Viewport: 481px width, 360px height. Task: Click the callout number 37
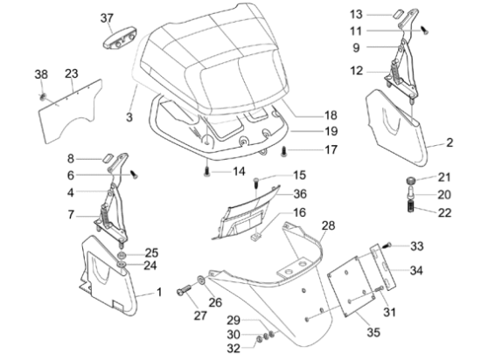tap(107, 18)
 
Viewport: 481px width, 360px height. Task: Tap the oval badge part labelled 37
tap(120, 38)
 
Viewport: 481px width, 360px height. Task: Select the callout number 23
tap(72, 73)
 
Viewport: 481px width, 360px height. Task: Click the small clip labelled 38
tap(43, 97)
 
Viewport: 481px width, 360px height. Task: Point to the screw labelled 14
tap(206, 172)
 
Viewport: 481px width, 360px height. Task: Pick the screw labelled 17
tap(284, 151)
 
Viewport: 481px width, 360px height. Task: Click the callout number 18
tap(331, 115)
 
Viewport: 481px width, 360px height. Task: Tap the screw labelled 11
tap(425, 31)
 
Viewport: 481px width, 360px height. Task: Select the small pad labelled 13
tap(397, 15)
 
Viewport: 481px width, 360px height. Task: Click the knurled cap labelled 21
tap(410, 181)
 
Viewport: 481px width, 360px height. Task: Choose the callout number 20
tap(444, 195)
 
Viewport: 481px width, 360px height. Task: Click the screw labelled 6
tap(134, 175)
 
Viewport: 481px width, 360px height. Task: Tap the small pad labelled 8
tap(108, 157)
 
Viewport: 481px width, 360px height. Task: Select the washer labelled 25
tap(122, 255)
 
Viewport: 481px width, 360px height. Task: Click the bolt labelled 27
tap(184, 290)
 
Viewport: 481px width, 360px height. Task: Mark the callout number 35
tap(373, 332)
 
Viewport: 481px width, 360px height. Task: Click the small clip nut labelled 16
tap(255, 237)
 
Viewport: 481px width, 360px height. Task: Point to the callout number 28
tap(328, 225)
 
